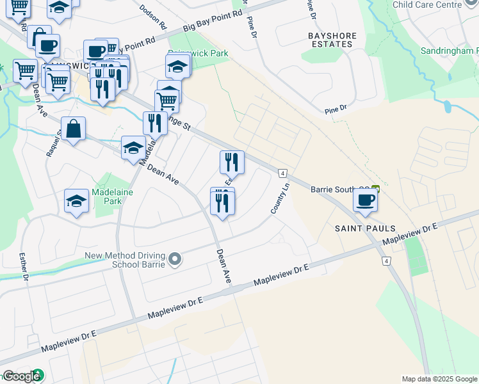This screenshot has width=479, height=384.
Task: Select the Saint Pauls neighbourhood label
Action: [365, 228]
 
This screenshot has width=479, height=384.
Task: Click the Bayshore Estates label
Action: [330, 40]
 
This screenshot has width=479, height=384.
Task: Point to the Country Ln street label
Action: [280, 198]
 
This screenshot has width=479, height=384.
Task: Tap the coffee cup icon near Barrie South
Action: [365, 200]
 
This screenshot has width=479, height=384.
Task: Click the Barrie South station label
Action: [339, 189]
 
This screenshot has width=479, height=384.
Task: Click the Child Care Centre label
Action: [426, 4]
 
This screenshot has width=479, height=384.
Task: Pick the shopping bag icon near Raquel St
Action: [74, 129]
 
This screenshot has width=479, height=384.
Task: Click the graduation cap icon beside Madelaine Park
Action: [77, 201]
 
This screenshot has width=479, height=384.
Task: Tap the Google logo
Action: [21, 377]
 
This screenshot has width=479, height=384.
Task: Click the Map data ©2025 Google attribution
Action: [439, 379]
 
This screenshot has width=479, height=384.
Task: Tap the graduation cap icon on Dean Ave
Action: [133, 148]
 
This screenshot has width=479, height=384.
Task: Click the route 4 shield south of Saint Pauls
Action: [386, 260]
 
